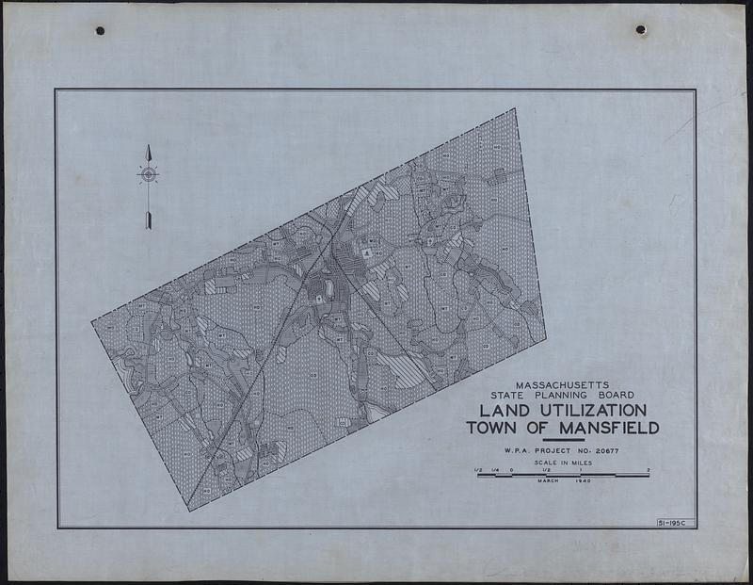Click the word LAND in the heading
(x=505, y=411)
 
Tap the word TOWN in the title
(x=493, y=429)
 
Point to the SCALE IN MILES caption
(x=562, y=463)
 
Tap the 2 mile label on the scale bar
(x=649, y=469)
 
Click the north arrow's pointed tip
(x=148, y=146)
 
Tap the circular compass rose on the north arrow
(x=148, y=174)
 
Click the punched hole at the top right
(x=641, y=30)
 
